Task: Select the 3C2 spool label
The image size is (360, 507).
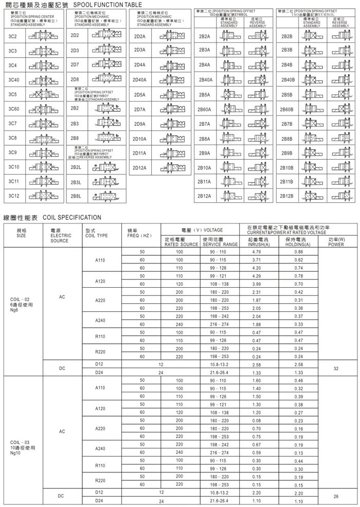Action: (13, 36)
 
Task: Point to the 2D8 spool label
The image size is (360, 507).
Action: (75, 79)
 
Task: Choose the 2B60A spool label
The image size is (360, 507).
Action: (205, 110)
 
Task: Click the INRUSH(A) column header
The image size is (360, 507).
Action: (258, 244)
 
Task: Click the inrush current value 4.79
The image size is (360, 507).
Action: (258, 251)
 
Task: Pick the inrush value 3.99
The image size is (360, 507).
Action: (258, 284)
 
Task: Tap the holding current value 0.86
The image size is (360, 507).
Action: (298, 251)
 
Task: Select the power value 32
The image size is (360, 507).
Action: (336, 369)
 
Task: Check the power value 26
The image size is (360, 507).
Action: (336, 496)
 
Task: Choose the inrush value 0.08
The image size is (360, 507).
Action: (258, 421)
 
